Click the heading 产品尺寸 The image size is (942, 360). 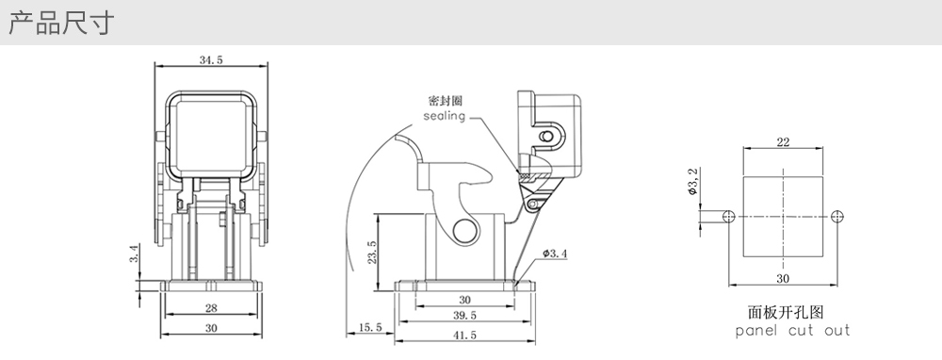point(60,23)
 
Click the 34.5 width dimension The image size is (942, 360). point(211,59)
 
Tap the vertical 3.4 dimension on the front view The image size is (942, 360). point(135,254)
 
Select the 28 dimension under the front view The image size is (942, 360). point(211,308)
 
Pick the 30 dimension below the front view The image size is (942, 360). point(211,328)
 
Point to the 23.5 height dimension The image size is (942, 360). point(372,253)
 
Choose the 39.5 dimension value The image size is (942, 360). point(464,315)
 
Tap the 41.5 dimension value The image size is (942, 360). point(464,335)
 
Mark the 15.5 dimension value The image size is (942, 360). point(370,327)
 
